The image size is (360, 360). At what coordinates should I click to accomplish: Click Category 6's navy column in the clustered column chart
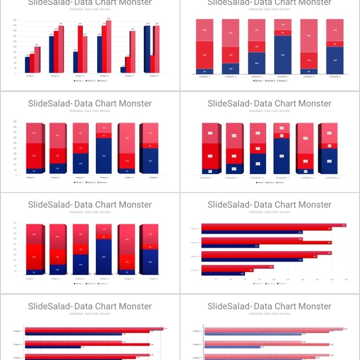pyautogui.click(x=147, y=49)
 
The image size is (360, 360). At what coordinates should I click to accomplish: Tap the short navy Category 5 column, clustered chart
pyautogui.click(x=123, y=70)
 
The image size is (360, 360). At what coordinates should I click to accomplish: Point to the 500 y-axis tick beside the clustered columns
pyautogui.click(x=15, y=20)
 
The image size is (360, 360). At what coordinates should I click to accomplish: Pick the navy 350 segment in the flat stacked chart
pyautogui.click(x=283, y=55)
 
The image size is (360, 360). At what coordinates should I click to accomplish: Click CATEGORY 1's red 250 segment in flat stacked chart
pyautogui.click(x=205, y=55)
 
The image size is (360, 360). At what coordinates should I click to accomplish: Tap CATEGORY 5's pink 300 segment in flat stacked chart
pyautogui.click(x=309, y=36)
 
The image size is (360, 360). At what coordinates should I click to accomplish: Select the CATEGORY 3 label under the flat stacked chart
pyautogui.click(x=256, y=77)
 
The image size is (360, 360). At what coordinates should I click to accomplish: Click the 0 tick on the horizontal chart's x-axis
pyautogui.click(x=202, y=279)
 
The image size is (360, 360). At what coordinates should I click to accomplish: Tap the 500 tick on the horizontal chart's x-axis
pyautogui.click(x=346, y=279)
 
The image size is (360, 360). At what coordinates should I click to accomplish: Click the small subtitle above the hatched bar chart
pyautogui.click(x=270, y=314)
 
